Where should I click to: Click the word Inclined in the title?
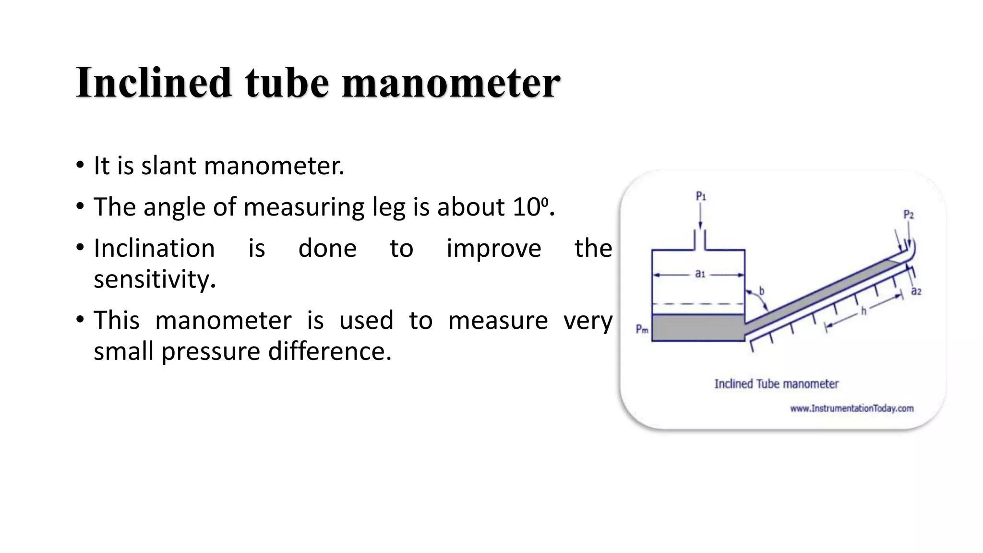154,83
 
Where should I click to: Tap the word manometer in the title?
451,83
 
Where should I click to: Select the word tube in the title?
287,83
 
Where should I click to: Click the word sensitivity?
155,279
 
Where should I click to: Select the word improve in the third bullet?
493,248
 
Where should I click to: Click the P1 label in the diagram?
701,196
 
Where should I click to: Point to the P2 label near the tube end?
909,214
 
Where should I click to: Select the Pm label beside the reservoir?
642,329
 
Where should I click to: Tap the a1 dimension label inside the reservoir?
700,274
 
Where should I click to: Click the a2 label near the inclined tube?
916,291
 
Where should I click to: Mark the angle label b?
761,291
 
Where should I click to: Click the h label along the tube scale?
863,312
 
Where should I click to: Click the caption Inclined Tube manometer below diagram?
776,384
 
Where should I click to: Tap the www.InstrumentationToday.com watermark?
851,409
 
